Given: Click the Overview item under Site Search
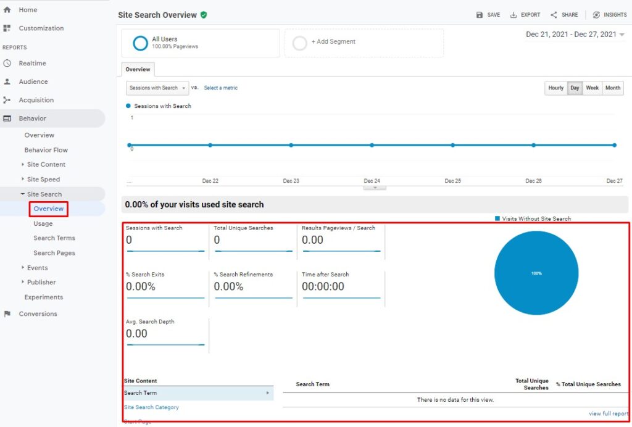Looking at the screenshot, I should [49, 209].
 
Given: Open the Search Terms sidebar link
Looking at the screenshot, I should [54, 238].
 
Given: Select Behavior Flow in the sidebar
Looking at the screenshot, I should [46, 150].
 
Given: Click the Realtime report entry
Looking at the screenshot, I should [32, 64].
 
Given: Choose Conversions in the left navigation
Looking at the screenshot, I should [38, 314].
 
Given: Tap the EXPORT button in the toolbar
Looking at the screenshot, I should [525, 15].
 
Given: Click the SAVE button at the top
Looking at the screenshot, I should [488, 15].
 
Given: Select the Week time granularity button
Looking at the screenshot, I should [592, 88].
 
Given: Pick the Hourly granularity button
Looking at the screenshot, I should [555, 88].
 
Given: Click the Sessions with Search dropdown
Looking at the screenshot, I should [157, 88].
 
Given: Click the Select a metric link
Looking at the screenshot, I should [220, 88].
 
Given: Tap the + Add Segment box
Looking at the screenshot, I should [364, 43].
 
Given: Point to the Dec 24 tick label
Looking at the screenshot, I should [372, 181].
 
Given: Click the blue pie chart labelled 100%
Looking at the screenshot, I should [536, 273].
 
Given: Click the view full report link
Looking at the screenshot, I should [609, 414].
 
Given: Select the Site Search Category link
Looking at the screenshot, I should [152, 407].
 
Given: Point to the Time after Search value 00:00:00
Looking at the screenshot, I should [323, 286].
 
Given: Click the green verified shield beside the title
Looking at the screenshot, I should [204, 15].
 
